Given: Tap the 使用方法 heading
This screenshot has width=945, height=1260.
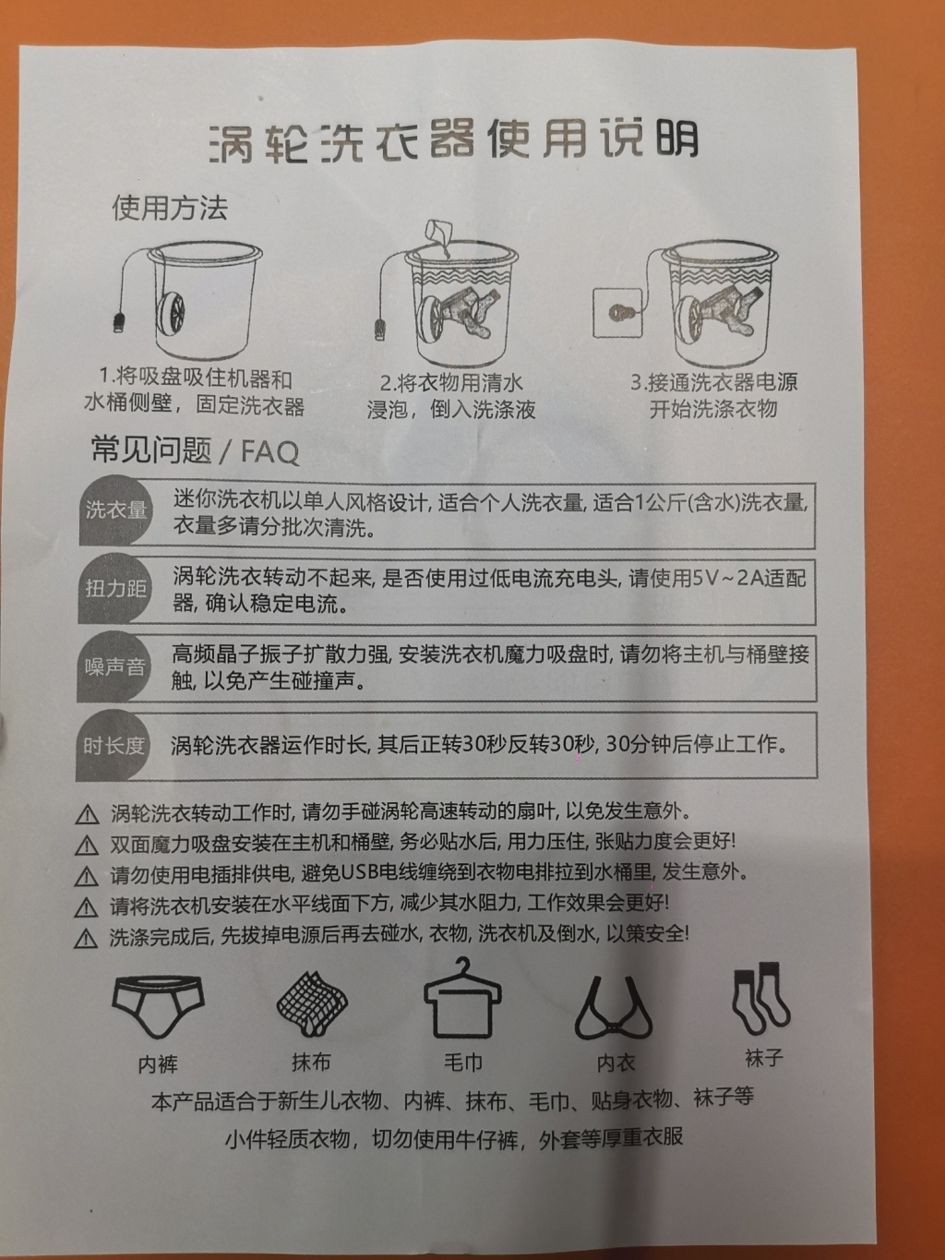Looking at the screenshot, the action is click(170, 208).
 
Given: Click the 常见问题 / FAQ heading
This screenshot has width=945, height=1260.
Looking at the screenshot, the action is click(195, 450).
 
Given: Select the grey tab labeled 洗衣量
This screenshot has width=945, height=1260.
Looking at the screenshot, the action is click(115, 510).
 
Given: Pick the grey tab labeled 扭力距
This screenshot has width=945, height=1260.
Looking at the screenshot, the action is click(114, 588).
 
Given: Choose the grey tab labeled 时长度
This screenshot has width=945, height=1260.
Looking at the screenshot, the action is click(113, 746).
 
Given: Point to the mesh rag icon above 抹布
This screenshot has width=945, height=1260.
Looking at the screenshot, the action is click(312, 1002).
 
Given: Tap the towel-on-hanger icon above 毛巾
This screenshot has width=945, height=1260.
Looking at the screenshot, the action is click(462, 998).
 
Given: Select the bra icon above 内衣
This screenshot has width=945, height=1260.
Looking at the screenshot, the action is click(614, 1008).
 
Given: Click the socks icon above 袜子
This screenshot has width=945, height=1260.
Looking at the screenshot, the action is click(760, 995).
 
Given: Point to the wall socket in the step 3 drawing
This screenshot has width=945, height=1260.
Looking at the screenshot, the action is click(616, 312).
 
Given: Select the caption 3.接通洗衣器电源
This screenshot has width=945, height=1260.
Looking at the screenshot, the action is click(713, 382).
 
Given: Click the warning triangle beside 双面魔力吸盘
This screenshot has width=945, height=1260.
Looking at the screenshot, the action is click(87, 845).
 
